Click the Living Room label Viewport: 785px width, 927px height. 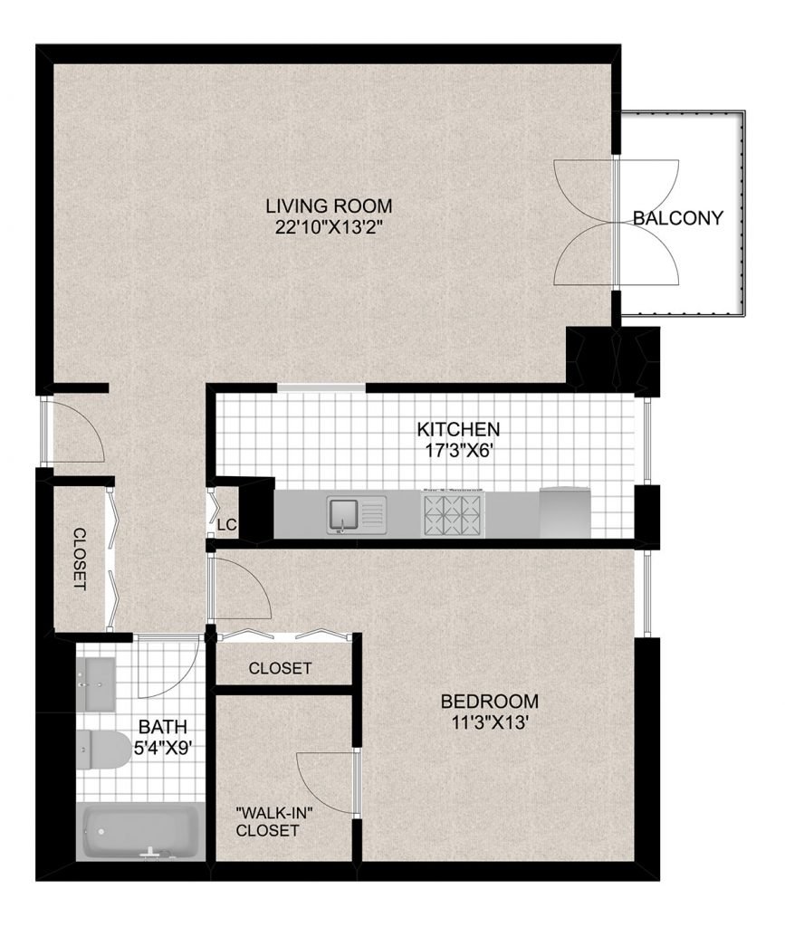click(x=329, y=206)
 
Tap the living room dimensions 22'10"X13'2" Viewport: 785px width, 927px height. click(x=330, y=227)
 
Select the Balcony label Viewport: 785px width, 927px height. click(x=678, y=218)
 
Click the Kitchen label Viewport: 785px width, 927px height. click(x=458, y=428)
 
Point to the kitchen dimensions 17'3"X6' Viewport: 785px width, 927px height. click(x=459, y=451)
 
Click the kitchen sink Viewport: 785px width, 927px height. click(x=357, y=515)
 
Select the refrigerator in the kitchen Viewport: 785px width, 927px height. click(x=565, y=512)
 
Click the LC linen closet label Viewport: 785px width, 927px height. click(x=227, y=525)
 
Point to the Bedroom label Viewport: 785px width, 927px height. click(x=490, y=702)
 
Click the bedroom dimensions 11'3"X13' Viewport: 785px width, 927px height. click(x=490, y=722)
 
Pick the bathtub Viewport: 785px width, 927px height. click(x=140, y=832)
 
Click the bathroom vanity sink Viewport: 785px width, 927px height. click(x=95, y=685)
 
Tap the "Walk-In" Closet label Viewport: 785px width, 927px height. click(x=273, y=822)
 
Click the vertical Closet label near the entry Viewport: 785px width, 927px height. click(x=80, y=559)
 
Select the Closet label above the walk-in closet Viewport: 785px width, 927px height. click(x=280, y=669)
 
